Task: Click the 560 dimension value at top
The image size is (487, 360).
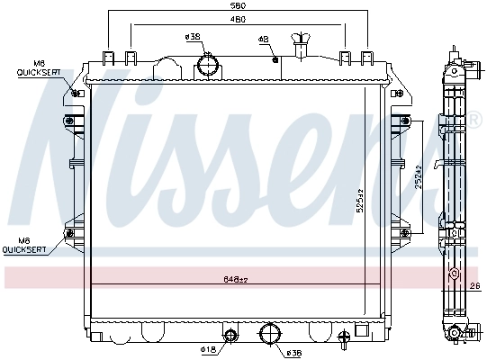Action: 238,5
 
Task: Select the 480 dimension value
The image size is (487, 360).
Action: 238,20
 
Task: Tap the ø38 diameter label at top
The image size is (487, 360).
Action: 192,37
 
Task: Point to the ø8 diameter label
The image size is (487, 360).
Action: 264,40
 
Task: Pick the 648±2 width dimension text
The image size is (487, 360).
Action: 236,280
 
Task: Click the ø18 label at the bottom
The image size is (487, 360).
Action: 206,348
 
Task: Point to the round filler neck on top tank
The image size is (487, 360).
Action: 210,66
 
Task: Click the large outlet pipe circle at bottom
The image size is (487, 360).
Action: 270,336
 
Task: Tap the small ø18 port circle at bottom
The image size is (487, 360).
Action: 230,337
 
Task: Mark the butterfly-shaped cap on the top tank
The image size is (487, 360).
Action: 299,40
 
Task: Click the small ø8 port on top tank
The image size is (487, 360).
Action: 275,60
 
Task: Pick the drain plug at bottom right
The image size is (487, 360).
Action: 344,340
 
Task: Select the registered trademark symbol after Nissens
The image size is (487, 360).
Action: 472,118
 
